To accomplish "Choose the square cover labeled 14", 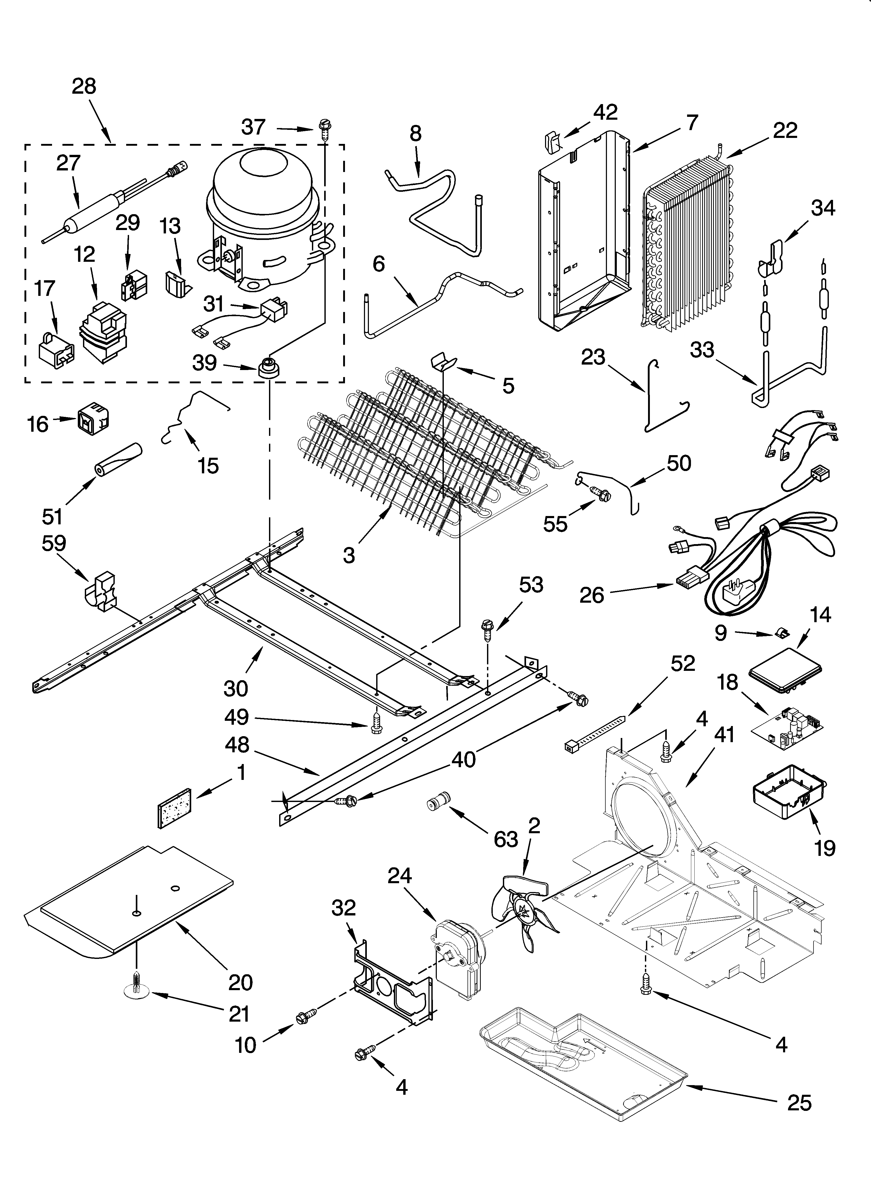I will (x=784, y=669).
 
